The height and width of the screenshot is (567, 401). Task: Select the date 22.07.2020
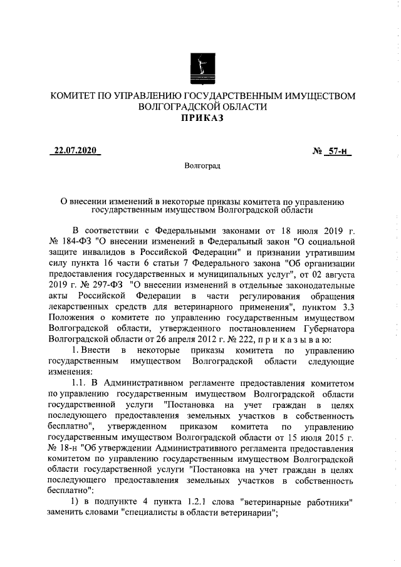(75, 152)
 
